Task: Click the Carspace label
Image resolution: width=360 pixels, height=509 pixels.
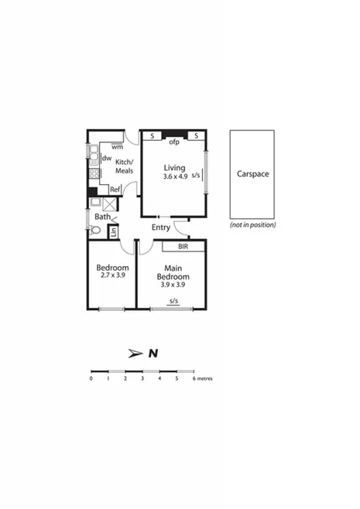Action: tap(252, 175)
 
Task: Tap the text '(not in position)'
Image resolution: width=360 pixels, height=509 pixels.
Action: tap(252, 225)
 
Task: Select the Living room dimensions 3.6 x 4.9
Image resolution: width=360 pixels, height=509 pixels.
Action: tap(175, 176)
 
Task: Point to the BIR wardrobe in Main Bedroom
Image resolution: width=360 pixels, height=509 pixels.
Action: tap(183, 247)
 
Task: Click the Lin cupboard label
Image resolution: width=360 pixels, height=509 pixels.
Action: tap(113, 231)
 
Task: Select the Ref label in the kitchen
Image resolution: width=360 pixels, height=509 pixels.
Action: tap(115, 190)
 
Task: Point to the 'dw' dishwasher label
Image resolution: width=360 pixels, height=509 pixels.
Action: tap(106, 159)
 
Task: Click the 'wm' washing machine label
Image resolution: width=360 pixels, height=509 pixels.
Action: tap(117, 146)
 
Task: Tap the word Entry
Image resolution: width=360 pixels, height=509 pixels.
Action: tap(161, 227)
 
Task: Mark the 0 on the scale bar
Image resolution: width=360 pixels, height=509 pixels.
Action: tap(91, 378)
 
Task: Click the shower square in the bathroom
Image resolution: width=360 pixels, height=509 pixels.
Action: tap(111, 204)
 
